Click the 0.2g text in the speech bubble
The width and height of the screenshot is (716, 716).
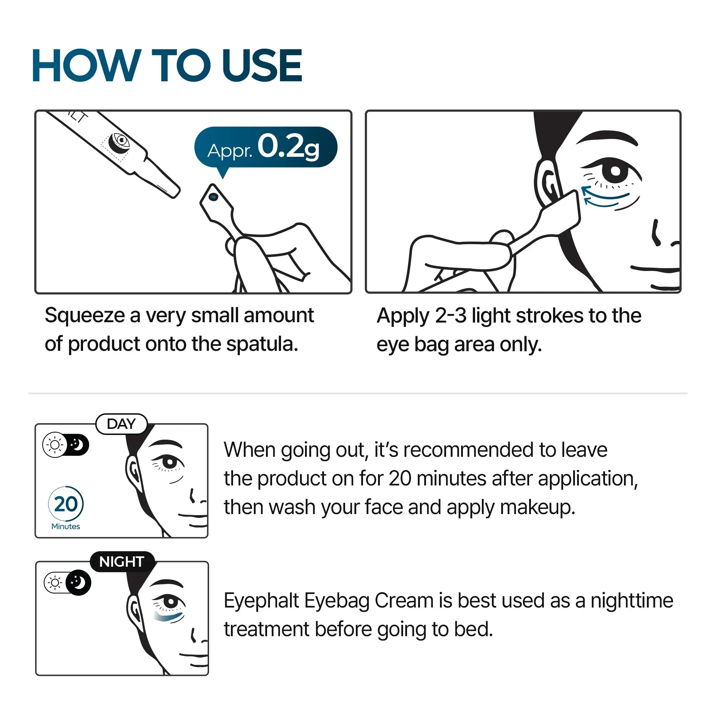coord(288,147)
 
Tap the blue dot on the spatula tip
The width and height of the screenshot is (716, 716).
coord(213,197)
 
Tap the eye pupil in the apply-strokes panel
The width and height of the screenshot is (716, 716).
coord(615,171)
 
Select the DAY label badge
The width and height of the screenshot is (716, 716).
coord(122,424)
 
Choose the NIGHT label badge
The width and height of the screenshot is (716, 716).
coord(122,562)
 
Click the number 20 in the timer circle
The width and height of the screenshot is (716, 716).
coord(66,504)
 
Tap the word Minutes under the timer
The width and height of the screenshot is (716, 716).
coord(66,526)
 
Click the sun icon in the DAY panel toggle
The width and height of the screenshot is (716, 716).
coord(55,445)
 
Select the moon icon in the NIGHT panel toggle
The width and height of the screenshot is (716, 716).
coord(78,582)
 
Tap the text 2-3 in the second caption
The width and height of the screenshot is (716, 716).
coord(450,316)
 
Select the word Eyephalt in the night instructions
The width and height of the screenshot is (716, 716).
coord(261,601)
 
